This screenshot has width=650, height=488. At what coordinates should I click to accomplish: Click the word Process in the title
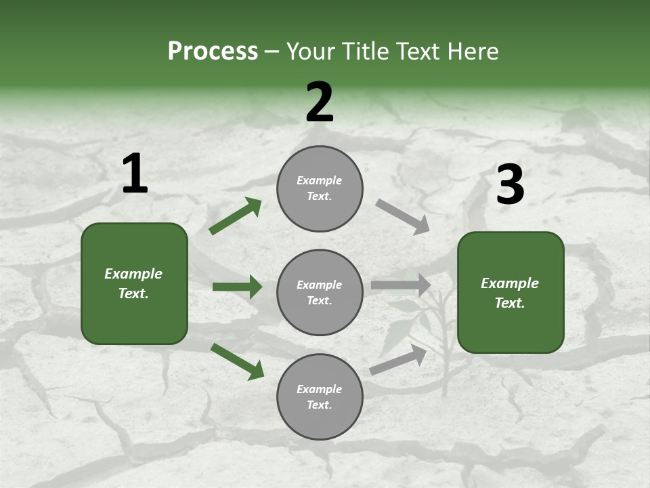tap(213, 52)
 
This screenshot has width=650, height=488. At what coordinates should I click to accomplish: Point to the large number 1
tap(135, 175)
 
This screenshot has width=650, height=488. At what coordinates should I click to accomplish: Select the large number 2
tap(320, 102)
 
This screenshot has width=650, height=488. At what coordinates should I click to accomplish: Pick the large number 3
tap(510, 185)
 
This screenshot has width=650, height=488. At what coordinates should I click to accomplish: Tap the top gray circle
tap(320, 188)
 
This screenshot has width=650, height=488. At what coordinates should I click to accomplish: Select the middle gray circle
tap(320, 292)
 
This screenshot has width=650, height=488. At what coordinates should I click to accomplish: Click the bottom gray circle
tap(320, 396)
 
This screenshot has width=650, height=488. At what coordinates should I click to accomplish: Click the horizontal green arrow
tap(237, 287)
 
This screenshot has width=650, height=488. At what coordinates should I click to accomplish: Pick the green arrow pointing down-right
tap(237, 361)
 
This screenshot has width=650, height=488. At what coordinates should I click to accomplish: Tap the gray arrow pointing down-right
tap(403, 217)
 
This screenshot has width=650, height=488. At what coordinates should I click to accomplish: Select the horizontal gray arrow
tap(401, 285)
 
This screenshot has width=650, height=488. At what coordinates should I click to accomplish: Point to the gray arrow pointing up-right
tap(398, 359)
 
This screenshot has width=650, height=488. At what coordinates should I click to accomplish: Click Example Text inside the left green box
tap(133, 283)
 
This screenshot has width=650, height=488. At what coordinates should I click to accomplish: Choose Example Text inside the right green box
tap(510, 293)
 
